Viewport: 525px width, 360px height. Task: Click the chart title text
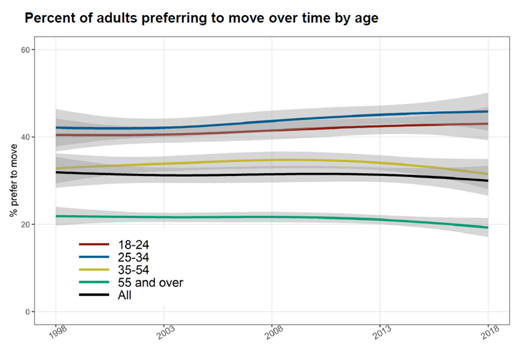coord(202,18)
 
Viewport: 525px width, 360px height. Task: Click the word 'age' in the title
coord(366,19)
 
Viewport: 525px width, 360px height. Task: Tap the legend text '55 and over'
coord(150,283)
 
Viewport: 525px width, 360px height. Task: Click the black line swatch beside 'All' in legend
coord(93,295)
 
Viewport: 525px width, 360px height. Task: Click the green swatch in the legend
coord(93,283)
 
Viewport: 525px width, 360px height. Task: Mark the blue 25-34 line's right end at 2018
coord(488,112)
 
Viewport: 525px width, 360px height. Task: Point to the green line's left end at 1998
coord(56,216)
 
